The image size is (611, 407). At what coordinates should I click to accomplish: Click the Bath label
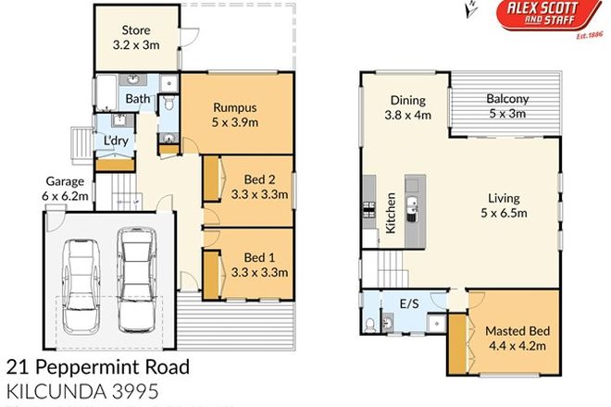(137, 99)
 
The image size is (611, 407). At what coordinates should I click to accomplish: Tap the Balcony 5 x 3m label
(506, 107)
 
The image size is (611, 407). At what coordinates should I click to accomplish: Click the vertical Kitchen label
(393, 214)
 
